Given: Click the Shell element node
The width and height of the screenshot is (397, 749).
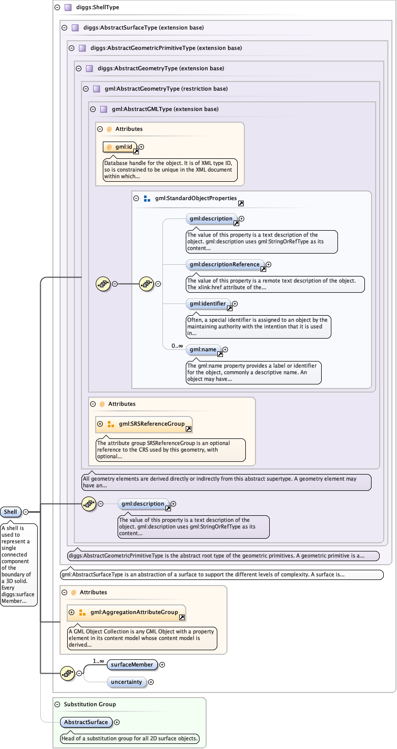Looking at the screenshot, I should tap(10, 512).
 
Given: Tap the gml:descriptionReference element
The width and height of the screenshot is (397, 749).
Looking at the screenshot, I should tap(224, 264).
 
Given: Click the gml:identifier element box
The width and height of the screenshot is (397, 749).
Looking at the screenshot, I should tap(207, 303).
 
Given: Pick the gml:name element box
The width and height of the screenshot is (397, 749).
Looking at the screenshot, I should tap(203, 349).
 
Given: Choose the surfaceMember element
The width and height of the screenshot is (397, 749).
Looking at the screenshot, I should tap(132, 664).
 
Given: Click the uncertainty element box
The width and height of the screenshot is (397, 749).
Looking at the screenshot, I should tap(126, 682).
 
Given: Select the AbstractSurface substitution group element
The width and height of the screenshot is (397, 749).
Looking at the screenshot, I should tap(86, 722).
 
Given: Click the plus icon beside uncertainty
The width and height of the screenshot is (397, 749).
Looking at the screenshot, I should tap(151, 682).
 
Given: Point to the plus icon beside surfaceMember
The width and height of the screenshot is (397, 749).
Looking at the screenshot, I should tap(162, 664).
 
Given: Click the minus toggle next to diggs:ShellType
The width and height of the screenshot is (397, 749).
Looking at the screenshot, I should tap(56, 8).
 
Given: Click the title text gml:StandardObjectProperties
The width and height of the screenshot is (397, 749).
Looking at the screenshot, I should tap(196, 198).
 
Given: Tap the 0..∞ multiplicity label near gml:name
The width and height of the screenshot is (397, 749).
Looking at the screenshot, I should tap(177, 346).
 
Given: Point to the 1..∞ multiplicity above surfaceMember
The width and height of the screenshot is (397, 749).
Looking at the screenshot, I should tap(98, 661).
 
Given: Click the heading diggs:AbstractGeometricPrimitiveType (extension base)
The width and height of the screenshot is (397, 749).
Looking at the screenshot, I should tap(166, 48).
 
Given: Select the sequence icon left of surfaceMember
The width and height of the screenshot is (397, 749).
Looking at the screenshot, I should tap(67, 673).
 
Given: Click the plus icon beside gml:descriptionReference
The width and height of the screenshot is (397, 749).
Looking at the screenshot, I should tap(269, 264).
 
